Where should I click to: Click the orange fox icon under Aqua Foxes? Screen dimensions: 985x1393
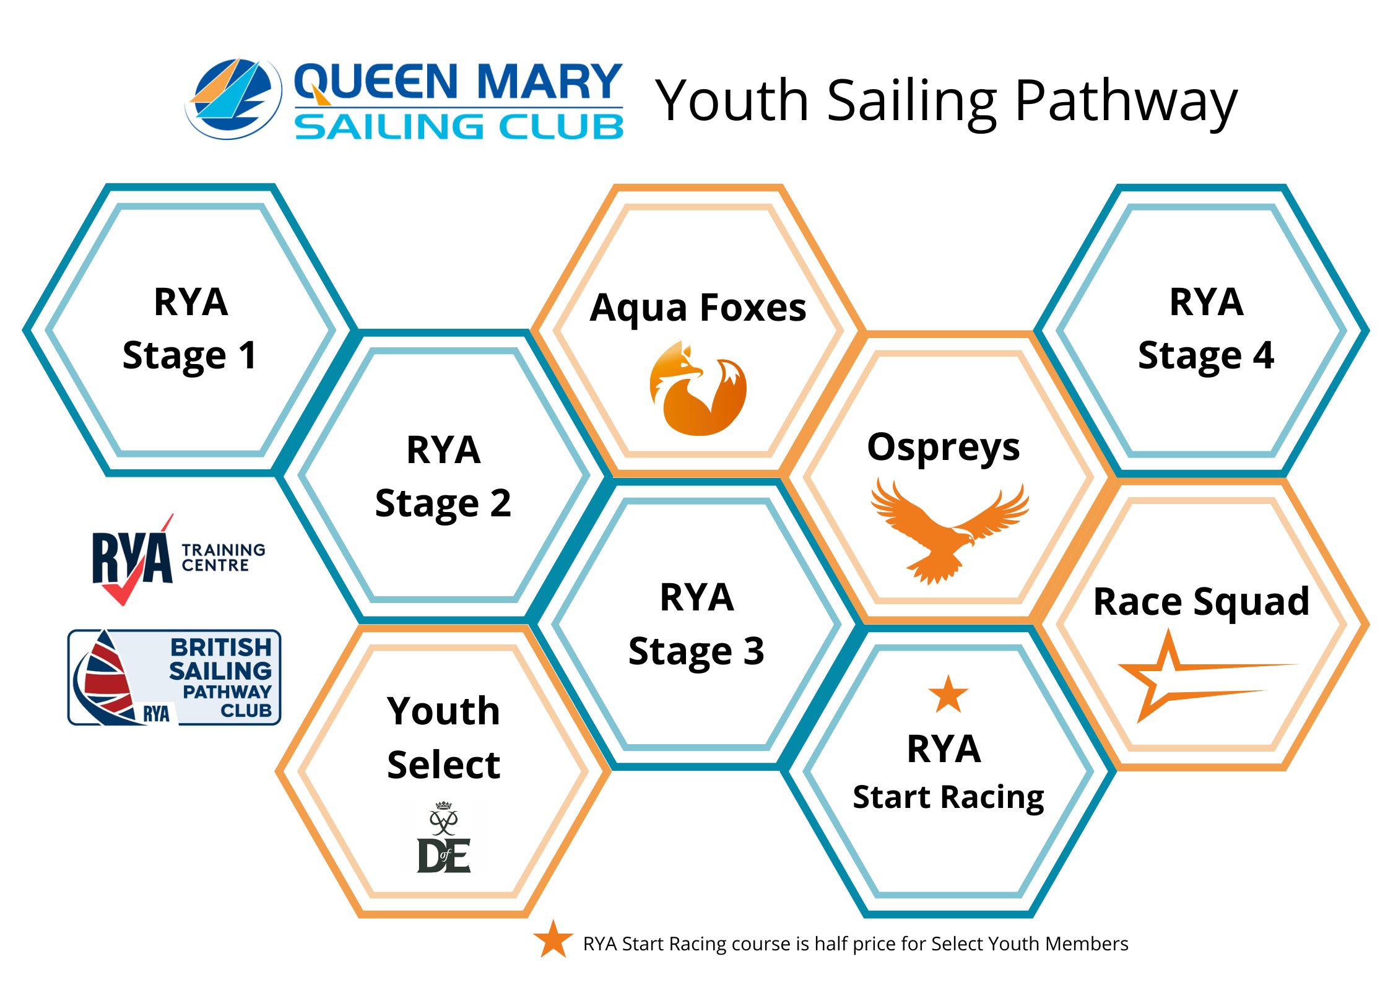[x=698, y=388]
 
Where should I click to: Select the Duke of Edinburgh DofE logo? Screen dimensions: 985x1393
[x=444, y=838]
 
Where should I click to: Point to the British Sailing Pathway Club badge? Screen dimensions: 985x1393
[x=174, y=677]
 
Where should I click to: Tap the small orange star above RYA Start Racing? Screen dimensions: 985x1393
[x=948, y=694]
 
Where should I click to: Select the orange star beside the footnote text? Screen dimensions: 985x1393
[x=553, y=939]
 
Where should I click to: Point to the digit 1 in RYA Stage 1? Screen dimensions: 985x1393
[x=248, y=356]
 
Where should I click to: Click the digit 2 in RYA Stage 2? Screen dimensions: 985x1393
[x=501, y=503]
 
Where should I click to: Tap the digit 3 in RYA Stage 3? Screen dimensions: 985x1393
[x=753, y=651]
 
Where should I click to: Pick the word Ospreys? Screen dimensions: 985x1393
[x=944, y=448]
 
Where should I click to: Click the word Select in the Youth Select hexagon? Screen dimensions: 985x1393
[x=443, y=765]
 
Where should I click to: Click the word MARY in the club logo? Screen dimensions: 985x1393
[x=550, y=82]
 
